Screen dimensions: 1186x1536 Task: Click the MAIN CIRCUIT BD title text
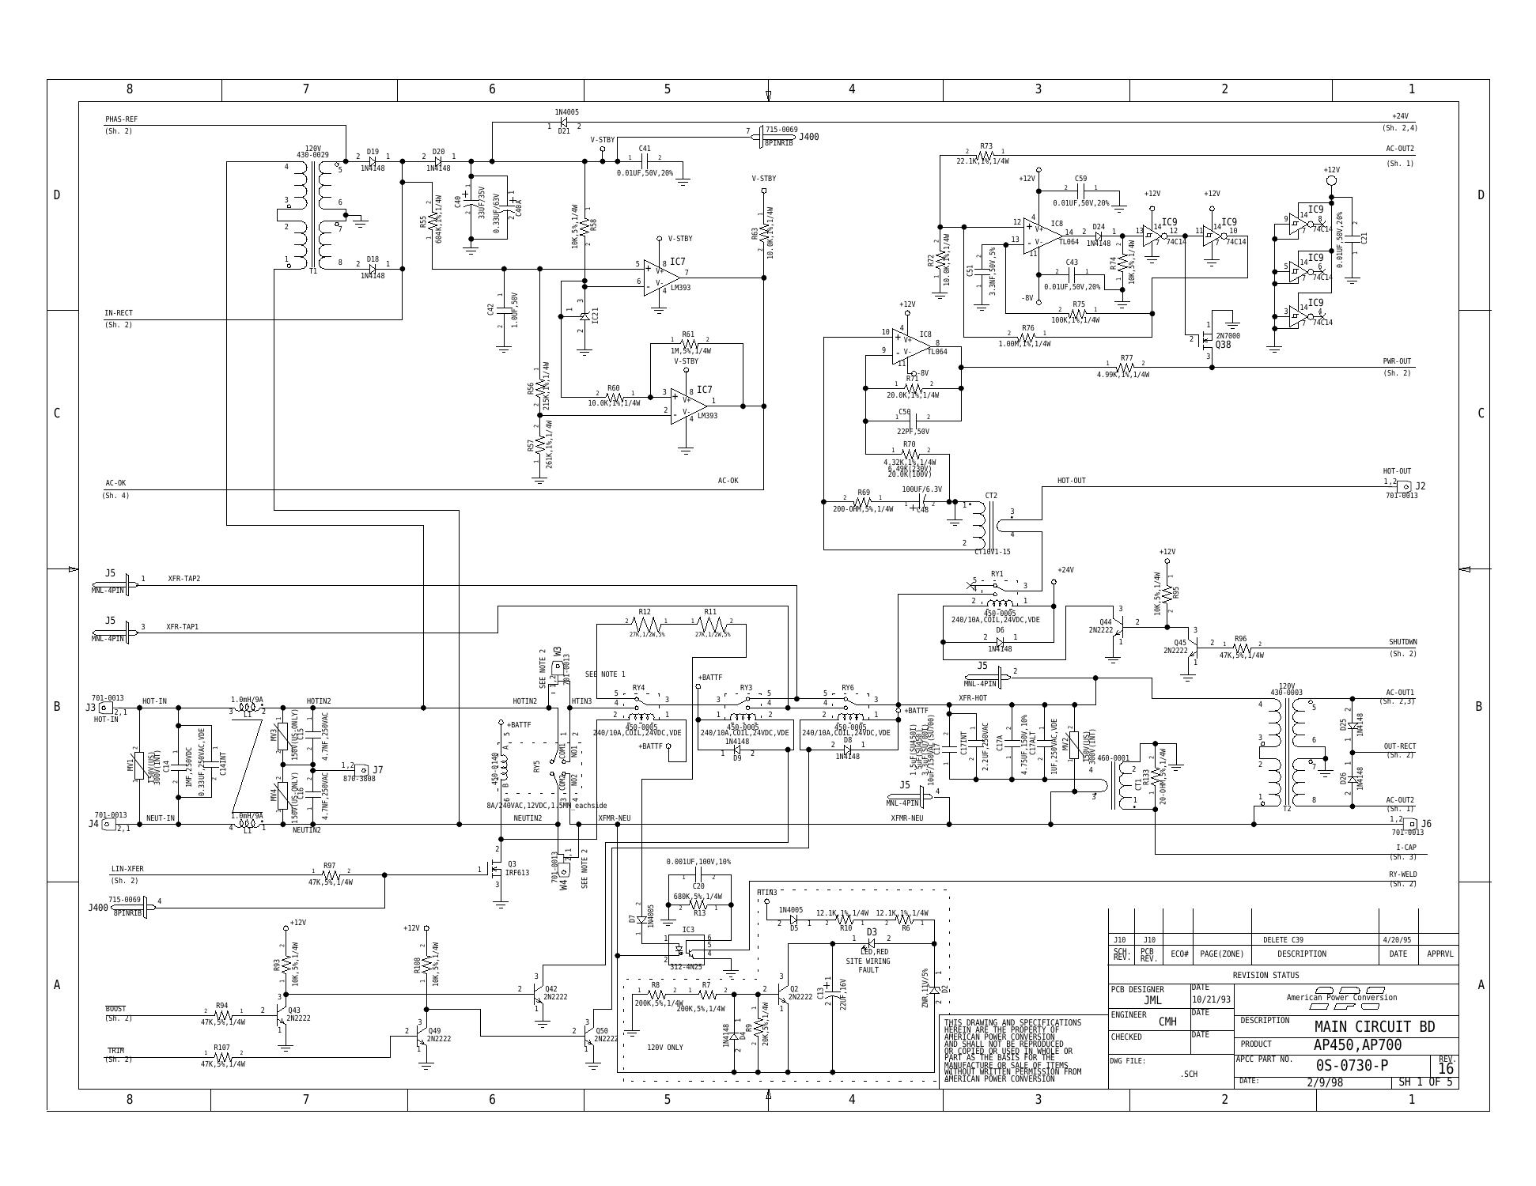(1374, 1026)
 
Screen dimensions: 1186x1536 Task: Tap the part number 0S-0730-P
(1352, 1065)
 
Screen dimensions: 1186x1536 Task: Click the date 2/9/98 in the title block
(1324, 1082)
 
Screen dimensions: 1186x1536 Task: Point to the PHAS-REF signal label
(121, 119)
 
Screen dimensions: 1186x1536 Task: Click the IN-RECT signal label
(119, 313)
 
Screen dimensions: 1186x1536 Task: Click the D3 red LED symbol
(870, 942)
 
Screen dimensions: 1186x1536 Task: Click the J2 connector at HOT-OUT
(1404, 486)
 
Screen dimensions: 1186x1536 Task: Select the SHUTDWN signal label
(1402, 642)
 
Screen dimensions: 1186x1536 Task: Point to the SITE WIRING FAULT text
(868, 965)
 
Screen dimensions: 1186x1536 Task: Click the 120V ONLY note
(664, 1048)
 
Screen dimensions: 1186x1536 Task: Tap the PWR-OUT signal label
(1396, 361)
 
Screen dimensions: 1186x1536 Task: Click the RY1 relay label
(997, 574)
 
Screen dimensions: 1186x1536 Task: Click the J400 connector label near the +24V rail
(808, 137)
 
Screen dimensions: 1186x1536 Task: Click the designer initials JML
(1152, 1000)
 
